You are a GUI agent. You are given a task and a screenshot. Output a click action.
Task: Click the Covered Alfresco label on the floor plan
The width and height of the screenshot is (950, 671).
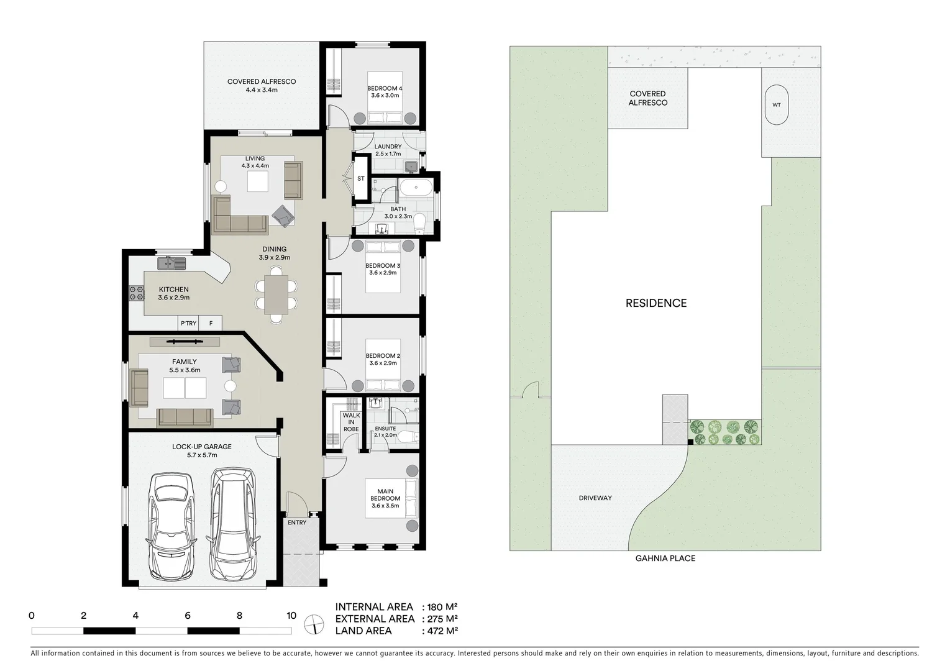click(x=261, y=86)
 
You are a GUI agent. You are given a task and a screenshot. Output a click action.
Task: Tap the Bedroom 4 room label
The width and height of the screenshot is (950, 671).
click(x=385, y=92)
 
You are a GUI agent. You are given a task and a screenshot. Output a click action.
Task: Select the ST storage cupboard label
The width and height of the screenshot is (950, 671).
click(x=361, y=179)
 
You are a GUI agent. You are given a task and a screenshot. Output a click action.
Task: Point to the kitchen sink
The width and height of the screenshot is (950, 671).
click(x=171, y=264)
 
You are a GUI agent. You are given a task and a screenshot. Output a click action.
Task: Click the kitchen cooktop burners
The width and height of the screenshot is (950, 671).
click(x=136, y=294)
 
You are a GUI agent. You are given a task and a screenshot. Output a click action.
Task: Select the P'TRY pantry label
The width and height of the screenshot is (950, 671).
click(x=188, y=324)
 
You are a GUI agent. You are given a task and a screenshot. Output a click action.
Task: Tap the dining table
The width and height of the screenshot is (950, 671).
click(x=276, y=294)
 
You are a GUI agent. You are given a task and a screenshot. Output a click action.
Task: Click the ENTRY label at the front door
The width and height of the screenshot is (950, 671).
click(x=297, y=523)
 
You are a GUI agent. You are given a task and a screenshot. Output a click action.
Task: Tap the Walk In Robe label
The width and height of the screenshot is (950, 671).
click(x=351, y=422)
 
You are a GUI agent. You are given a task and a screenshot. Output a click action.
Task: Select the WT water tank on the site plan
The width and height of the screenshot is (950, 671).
click(x=776, y=105)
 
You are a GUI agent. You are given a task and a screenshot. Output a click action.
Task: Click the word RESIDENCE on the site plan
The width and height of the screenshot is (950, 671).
click(x=655, y=303)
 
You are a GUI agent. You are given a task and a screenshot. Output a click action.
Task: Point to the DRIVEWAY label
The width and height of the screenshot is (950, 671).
click(x=595, y=498)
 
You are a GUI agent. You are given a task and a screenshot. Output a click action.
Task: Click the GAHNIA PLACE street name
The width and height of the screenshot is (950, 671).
click(x=665, y=559)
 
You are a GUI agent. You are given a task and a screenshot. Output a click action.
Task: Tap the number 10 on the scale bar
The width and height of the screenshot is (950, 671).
click(x=291, y=616)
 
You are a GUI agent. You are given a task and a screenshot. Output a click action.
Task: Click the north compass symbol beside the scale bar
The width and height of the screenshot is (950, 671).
click(x=315, y=623)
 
